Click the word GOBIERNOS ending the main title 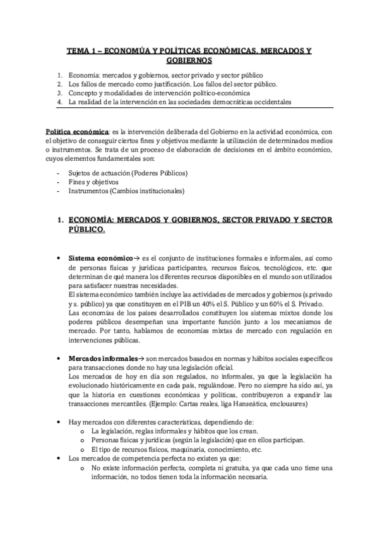189,61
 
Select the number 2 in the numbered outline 59,84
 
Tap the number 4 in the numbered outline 59,102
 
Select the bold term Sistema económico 97,259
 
